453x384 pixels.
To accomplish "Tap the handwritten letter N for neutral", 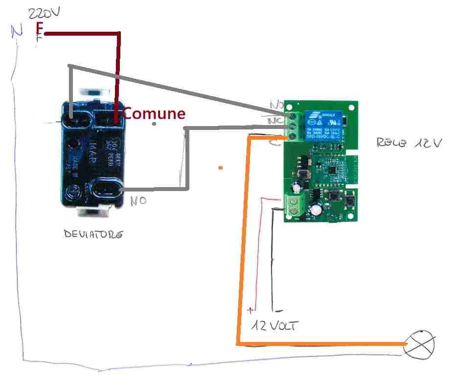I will [17, 32].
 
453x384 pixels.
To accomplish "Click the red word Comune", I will [154, 113].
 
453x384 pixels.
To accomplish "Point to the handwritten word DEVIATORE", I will [93, 235].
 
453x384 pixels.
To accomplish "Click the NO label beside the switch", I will [138, 201].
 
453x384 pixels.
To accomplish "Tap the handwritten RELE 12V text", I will [409, 143].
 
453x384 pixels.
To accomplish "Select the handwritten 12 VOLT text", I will [274, 326].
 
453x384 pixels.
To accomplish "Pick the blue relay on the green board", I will [324, 126].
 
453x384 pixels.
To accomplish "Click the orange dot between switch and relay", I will [221, 168].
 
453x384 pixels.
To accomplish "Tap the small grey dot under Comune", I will [154, 124].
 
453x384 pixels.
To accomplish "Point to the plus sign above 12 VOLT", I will [251, 310].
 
